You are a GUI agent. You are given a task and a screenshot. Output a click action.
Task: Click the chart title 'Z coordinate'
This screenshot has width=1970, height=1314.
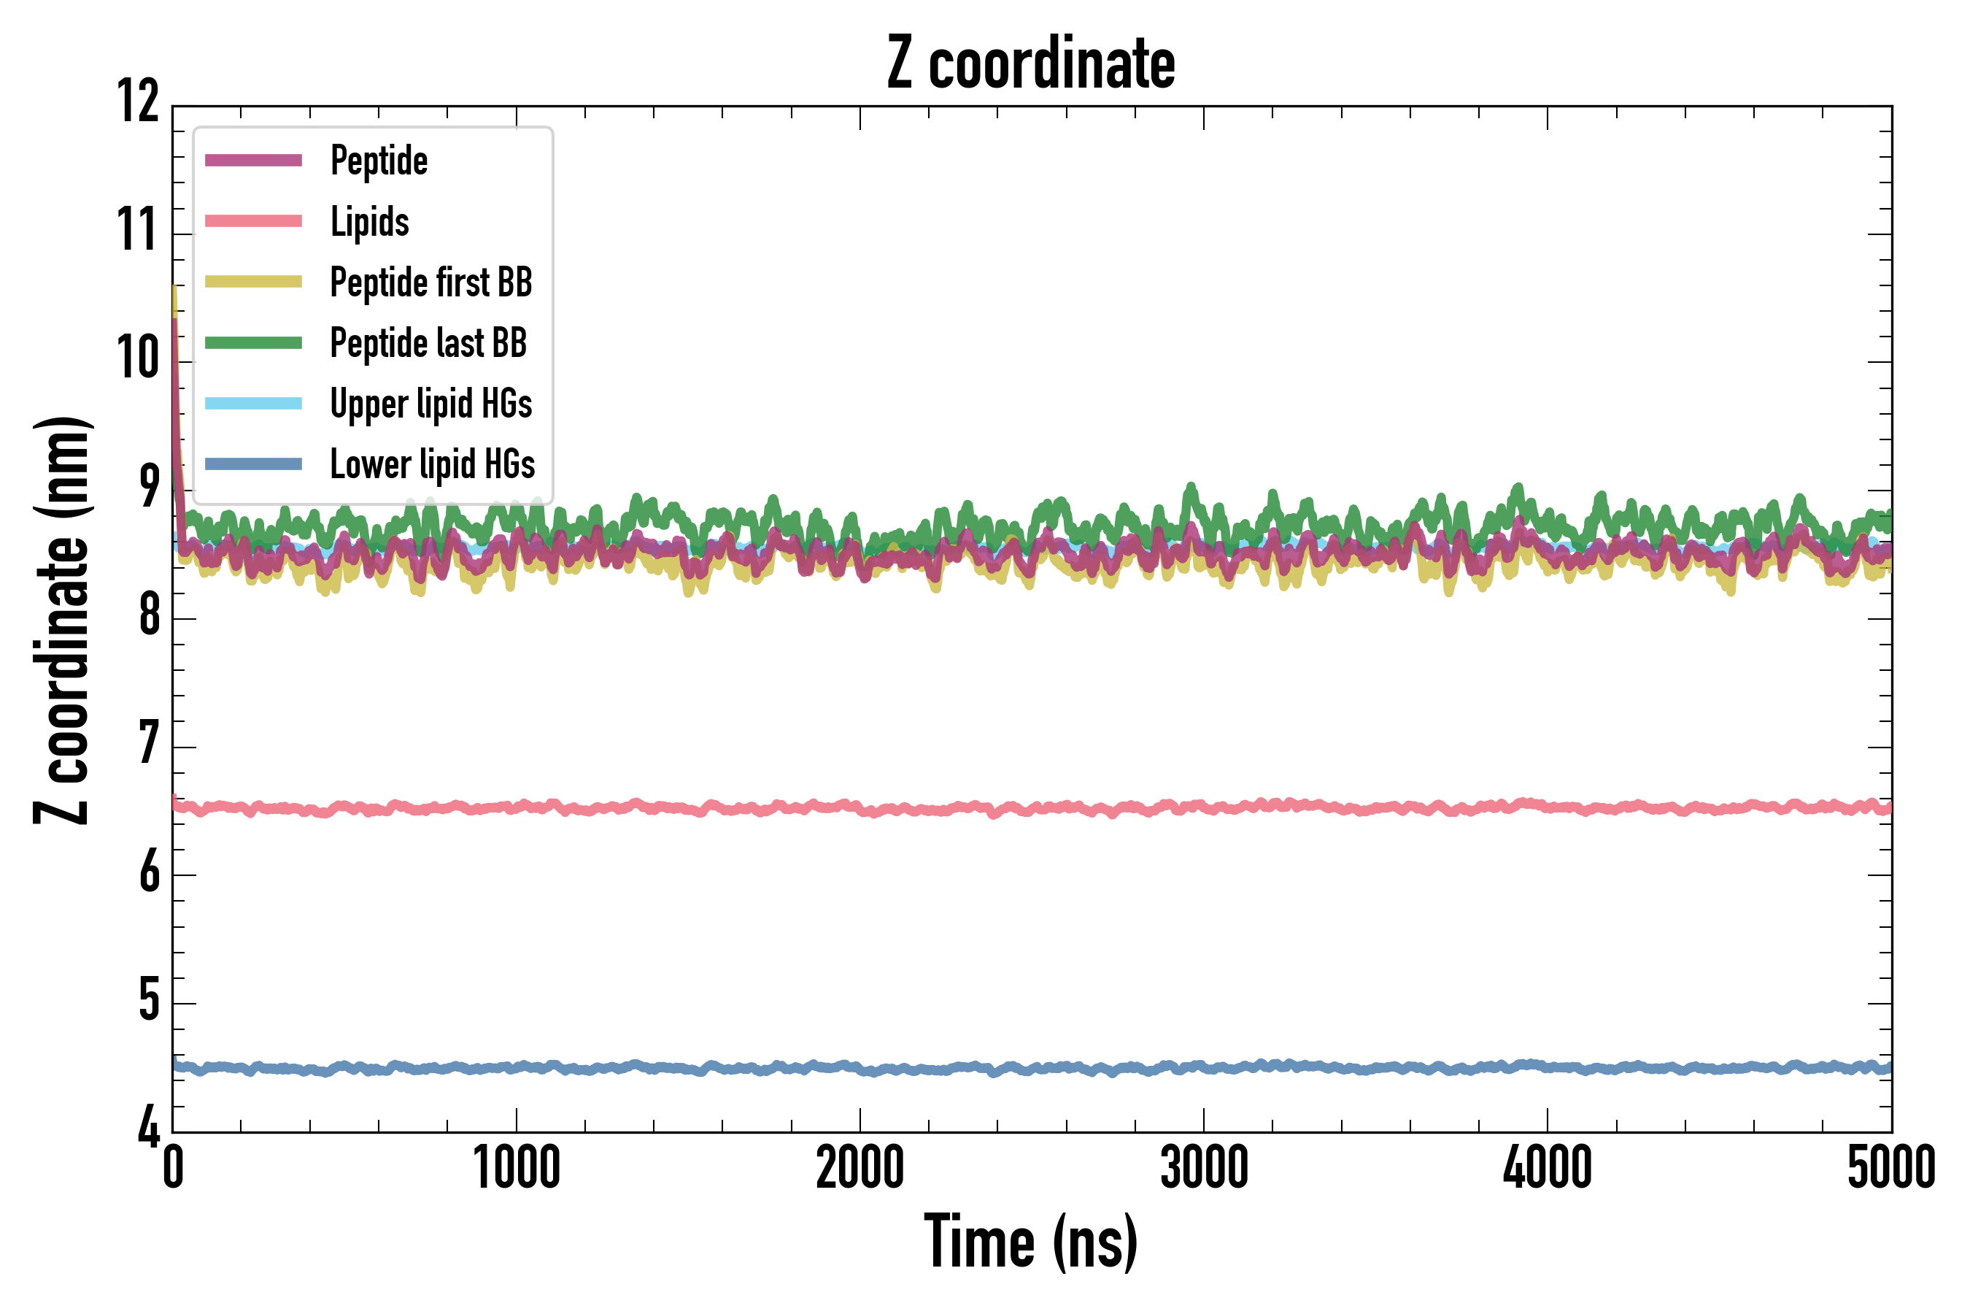(1031, 64)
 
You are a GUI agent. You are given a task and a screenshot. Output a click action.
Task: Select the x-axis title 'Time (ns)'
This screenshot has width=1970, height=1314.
(1031, 1242)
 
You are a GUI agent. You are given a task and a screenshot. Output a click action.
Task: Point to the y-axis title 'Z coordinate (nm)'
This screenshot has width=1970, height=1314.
(62, 619)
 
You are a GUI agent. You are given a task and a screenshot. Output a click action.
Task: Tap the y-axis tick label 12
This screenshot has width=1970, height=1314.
(138, 102)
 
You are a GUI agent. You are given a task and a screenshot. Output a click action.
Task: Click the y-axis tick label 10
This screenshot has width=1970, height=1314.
(138, 358)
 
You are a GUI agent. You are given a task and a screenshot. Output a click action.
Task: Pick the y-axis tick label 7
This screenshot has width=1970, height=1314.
(149, 744)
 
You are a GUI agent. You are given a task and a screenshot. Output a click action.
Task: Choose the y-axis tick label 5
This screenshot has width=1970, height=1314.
(149, 1001)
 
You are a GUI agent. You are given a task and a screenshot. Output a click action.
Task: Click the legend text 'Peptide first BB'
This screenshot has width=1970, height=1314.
(430, 283)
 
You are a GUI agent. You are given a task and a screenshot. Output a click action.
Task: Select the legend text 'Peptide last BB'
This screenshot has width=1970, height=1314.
(428, 343)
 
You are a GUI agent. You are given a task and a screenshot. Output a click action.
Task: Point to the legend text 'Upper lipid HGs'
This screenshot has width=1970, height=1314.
(430, 404)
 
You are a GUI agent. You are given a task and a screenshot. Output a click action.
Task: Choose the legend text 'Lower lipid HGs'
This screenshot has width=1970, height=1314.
(432, 464)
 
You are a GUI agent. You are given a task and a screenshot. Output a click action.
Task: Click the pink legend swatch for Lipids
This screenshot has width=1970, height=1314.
(253, 221)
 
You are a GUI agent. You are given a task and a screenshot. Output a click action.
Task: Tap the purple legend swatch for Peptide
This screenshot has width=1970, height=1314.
(253, 160)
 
